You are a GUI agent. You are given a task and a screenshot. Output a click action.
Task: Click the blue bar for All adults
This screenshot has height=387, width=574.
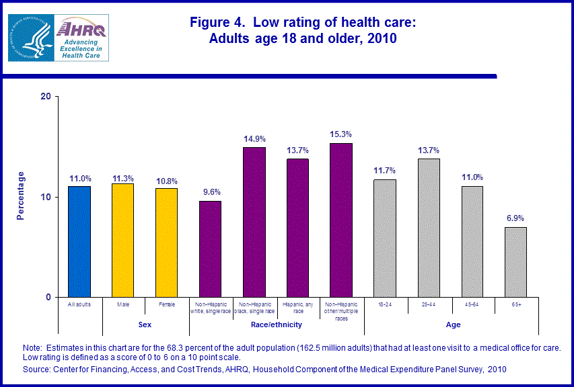[x=79, y=241]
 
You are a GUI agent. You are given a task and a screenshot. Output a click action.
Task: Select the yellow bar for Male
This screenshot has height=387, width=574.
[x=122, y=240]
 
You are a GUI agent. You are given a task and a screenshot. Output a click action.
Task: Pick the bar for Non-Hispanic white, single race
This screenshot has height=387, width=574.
[x=210, y=249]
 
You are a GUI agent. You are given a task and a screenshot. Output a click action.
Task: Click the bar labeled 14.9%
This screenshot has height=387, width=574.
[x=254, y=222]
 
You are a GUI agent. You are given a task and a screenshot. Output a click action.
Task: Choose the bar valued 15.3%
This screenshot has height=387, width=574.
[x=341, y=220]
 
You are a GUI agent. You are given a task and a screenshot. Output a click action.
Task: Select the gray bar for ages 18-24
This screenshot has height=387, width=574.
[x=385, y=238]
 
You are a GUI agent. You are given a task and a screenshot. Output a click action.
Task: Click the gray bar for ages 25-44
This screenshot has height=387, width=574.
[x=429, y=228]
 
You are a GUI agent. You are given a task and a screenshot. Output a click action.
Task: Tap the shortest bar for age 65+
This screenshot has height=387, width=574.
[x=516, y=262]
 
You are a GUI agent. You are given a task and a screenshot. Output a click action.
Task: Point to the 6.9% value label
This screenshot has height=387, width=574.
[x=516, y=218]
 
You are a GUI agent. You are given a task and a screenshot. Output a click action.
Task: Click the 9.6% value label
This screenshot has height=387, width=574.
[x=210, y=191]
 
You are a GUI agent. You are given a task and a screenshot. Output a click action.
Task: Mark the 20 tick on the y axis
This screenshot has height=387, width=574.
[x=46, y=96]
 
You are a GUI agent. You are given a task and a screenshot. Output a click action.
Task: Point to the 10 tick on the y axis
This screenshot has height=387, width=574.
[x=46, y=197]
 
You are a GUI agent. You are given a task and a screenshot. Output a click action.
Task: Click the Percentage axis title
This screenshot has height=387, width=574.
[x=21, y=196]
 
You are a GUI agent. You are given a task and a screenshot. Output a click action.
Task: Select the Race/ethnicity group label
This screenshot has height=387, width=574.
[x=277, y=325]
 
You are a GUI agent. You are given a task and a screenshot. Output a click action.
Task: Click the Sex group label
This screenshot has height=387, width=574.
[x=145, y=325]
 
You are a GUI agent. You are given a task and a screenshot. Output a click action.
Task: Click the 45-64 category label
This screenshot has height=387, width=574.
[x=472, y=304]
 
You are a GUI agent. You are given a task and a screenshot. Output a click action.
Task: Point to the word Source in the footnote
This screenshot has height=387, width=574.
[x=38, y=370]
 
